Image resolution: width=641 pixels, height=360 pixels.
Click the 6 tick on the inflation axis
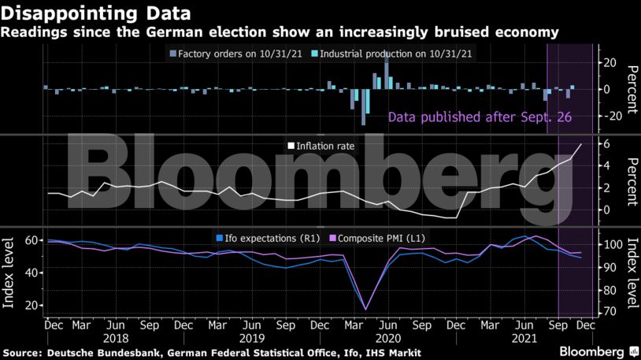coord(606,143)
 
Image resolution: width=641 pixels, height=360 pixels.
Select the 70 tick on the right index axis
coord(607,312)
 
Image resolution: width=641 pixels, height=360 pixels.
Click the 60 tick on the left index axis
coord(33,239)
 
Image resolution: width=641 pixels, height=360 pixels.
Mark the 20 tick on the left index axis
coord(33,305)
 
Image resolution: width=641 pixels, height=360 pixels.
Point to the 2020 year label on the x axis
coord(387,337)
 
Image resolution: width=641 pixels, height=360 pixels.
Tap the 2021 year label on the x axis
coord(525,337)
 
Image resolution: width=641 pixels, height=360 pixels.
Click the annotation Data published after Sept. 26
coord(480,117)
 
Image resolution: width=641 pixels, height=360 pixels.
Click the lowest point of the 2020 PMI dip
coord(365,309)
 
